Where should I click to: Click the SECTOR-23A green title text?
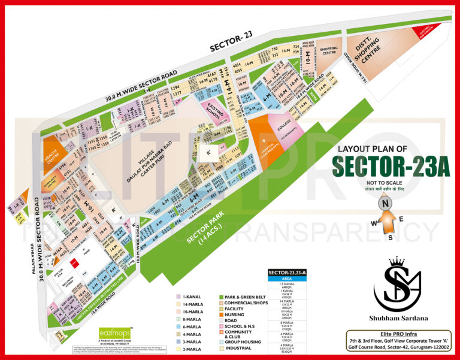pyautogui.click(x=391, y=166)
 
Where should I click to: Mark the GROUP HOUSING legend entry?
pyautogui.click(x=243, y=341)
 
